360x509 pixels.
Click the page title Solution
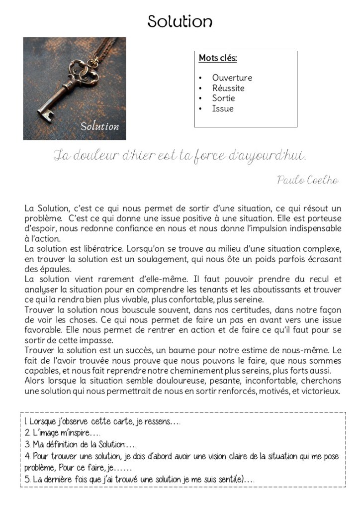(x=180, y=21)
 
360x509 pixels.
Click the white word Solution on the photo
(x=100, y=126)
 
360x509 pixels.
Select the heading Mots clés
(x=218, y=58)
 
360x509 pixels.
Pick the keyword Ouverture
(x=232, y=78)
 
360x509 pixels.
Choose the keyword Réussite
(x=228, y=88)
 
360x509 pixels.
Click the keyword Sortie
(x=223, y=98)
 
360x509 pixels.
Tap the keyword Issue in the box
(x=222, y=108)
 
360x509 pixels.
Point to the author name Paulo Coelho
(x=308, y=180)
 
